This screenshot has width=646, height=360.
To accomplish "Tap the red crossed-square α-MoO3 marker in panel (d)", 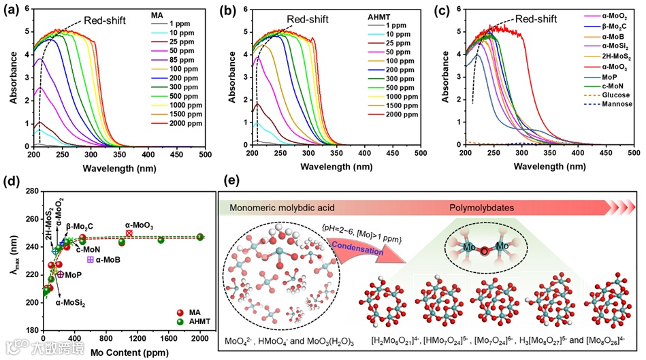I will click(129, 233).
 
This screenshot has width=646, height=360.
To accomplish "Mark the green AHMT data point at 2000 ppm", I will click(200, 238).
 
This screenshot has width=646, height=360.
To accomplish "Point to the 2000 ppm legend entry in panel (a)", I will click(187, 123).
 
